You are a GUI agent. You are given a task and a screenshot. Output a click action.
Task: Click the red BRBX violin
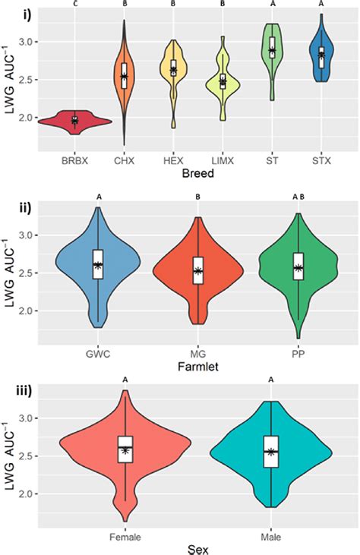click(x=74, y=120)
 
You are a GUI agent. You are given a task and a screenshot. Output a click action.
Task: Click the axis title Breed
click(x=197, y=174)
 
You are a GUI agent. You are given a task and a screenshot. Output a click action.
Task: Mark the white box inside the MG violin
click(x=197, y=270)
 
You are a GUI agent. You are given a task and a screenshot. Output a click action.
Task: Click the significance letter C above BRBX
click(x=74, y=3)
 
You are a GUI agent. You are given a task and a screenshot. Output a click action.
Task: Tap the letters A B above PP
click(x=298, y=197)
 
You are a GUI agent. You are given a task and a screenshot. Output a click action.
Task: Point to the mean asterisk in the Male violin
click(x=271, y=451)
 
